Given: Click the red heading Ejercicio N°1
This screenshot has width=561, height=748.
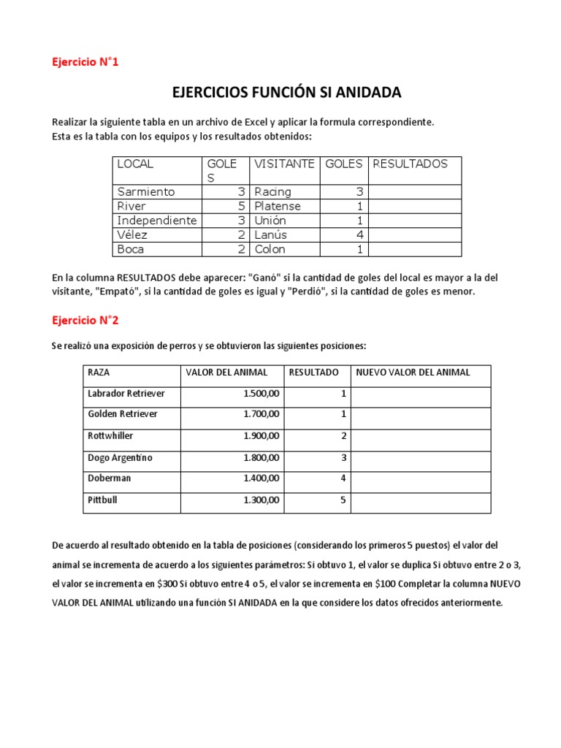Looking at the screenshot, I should [x=85, y=62].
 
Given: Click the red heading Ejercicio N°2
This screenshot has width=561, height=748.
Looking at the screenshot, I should [x=85, y=320].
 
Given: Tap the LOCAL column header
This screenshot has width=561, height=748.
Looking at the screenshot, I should [x=135, y=164].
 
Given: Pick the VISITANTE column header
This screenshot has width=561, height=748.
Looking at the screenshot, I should [x=284, y=164].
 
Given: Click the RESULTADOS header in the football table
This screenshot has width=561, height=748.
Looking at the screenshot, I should [x=410, y=164].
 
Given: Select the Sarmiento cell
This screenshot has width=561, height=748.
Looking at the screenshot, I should [x=146, y=191].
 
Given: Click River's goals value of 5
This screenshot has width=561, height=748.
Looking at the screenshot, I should [x=240, y=206].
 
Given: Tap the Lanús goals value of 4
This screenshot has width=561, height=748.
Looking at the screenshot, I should [x=359, y=234].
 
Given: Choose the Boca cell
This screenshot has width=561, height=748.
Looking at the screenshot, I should [x=131, y=249].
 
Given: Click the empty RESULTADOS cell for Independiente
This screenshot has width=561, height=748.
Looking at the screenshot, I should [x=415, y=221].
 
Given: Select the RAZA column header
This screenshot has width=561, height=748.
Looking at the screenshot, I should [x=99, y=373].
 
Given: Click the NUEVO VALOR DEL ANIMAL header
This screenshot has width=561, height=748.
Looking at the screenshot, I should [x=413, y=373].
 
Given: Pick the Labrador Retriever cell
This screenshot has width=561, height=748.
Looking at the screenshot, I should [x=126, y=394].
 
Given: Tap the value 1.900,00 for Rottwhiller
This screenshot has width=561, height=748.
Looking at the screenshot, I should [x=262, y=436].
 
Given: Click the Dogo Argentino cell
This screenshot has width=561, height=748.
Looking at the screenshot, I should [x=121, y=458].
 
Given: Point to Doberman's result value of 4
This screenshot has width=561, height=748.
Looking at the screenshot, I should [x=343, y=480].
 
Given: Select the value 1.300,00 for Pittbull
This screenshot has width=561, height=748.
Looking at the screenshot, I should [x=262, y=502].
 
